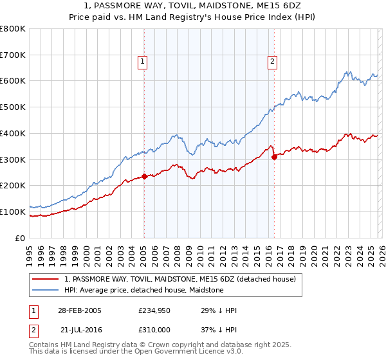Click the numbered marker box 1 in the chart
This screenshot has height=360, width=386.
click(x=142, y=62)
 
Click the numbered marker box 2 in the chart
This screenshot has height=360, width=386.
click(x=272, y=62)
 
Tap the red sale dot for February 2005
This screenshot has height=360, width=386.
click(x=144, y=176)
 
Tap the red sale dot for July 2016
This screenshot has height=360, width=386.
click(x=274, y=156)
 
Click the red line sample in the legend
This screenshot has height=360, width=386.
click(x=46, y=279)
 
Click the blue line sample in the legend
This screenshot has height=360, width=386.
click(x=46, y=290)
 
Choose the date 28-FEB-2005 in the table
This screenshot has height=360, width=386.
click(x=79, y=310)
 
